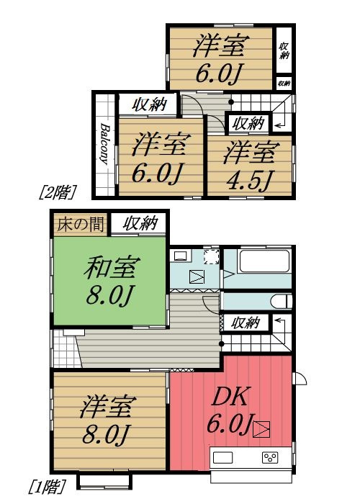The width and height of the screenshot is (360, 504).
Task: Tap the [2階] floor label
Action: click(x=55, y=192)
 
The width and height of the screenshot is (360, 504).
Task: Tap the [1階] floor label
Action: click(x=45, y=487)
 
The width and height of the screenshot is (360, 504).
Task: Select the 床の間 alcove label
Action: click(x=78, y=224)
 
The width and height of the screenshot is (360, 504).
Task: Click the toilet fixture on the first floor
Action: click(x=283, y=300)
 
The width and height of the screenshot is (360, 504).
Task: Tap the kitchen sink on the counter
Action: click(x=222, y=458)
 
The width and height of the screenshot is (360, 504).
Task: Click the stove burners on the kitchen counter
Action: click(x=270, y=458)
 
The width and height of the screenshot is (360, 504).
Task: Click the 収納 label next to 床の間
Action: click(x=138, y=224)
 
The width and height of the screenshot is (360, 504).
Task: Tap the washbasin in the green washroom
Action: click(x=181, y=256)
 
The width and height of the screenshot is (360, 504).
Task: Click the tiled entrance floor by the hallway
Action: click(x=64, y=348)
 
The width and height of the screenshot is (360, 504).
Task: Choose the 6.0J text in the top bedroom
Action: click(x=220, y=73)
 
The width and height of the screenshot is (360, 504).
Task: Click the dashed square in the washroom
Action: click(x=210, y=257)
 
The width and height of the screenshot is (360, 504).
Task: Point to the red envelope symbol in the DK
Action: click(x=261, y=429)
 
